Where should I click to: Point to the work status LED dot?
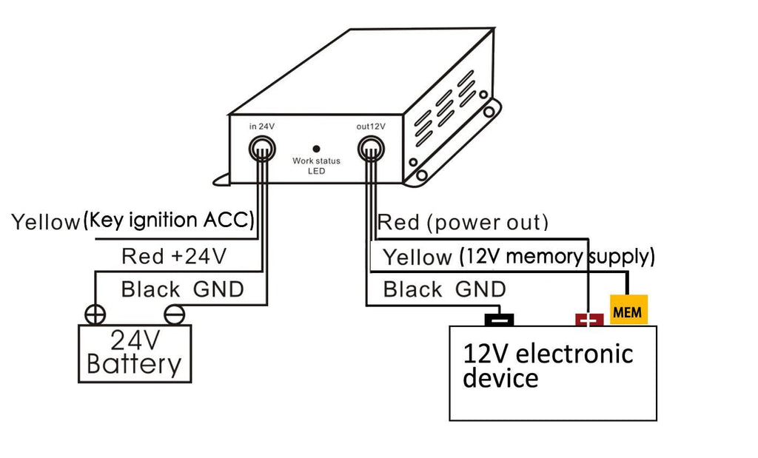pyautogui.click(x=316, y=148)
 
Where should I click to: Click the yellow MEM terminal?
pyautogui.click(x=628, y=311)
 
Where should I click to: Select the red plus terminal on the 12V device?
pyautogui.click(x=589, y=320)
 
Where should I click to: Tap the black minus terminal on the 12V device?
pyautogui.click(x=499, y=320)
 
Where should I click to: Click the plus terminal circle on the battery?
pyautogui.click(x=95, y=314)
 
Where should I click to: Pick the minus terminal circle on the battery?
pyautogui.click(x=174, y=314)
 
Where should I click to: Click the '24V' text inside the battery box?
pyautogui.click(x=135, y=341)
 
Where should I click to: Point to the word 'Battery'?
pyautogui.click(x=134, y=364)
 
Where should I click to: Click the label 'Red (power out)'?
pyautogui.click(x=463, y=222)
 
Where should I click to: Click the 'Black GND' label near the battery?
pyautogui.click(x=182, y=289)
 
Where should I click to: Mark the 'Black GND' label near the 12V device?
pyautogui.click(x=444, y=289)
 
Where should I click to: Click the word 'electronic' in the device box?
pyautogui.click(x=574, y=353)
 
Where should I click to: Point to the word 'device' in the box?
pyautogui.click(x=500, y=378)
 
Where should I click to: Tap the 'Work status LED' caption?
pyautogui.click(x=316, y=165)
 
